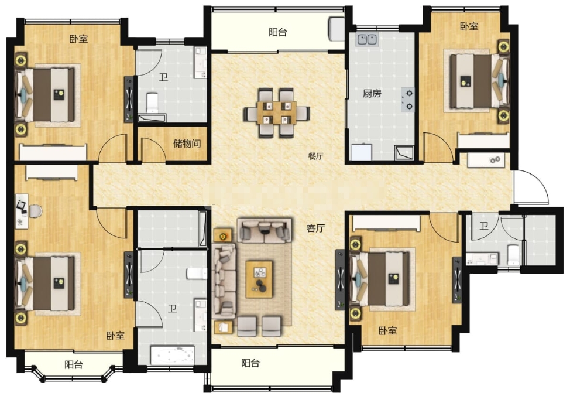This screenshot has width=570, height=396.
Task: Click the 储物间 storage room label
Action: pos(187,144)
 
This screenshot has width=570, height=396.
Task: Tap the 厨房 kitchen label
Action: pos(372,94)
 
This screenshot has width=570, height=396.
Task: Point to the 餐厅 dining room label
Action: pos(315,156)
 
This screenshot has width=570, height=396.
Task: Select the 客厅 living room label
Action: pos(315,228)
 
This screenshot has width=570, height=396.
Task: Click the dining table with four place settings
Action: pos(277,113)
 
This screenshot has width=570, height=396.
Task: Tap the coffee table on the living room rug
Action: pos(259,279)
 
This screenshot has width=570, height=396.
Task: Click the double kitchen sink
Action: pos(367,39)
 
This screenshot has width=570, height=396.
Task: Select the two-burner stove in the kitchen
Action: pos(408,100)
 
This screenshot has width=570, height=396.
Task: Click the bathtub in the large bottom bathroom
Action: pos(172,355)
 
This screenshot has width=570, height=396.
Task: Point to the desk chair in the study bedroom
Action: pos(36,211)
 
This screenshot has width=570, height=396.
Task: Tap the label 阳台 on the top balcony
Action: pos(278,32)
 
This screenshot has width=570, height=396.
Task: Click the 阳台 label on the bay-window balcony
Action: pos(74,364)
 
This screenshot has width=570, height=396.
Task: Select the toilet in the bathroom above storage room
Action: pos(152,103)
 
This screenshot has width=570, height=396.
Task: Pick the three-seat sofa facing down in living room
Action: pos(265,230)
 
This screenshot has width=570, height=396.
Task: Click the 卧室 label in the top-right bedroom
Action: pos(469,26)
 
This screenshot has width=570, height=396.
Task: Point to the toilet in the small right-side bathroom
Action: pos(513,254)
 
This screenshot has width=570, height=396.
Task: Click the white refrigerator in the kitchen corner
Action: pos(361,152)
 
